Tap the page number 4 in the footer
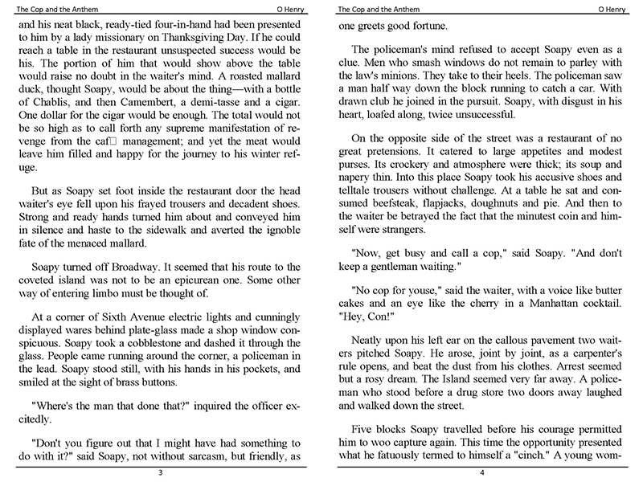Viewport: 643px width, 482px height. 481,472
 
